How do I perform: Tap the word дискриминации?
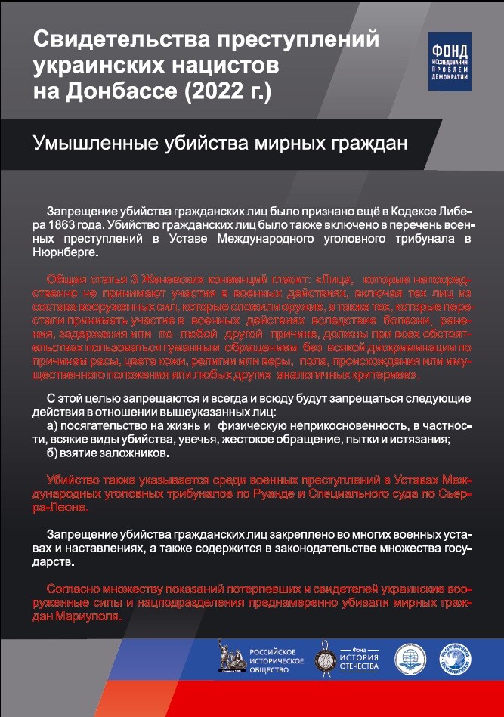[420, 348]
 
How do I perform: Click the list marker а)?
[54, 425]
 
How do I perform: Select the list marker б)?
[54, 454]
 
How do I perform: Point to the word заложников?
[135, 454]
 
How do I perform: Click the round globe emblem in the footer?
[411, 656]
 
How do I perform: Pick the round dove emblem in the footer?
[458, 657]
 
